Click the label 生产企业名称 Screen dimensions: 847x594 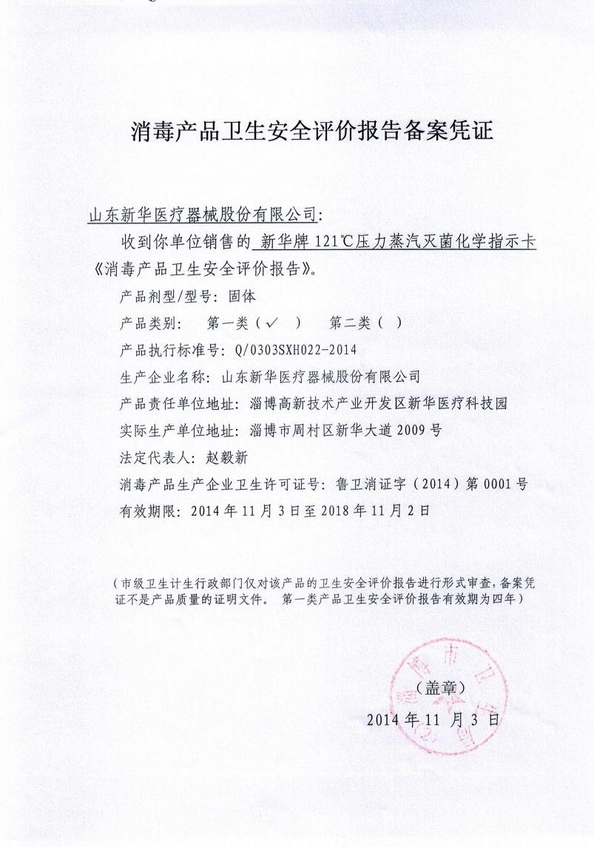(166, 377)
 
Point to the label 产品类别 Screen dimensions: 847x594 (145, 323)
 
